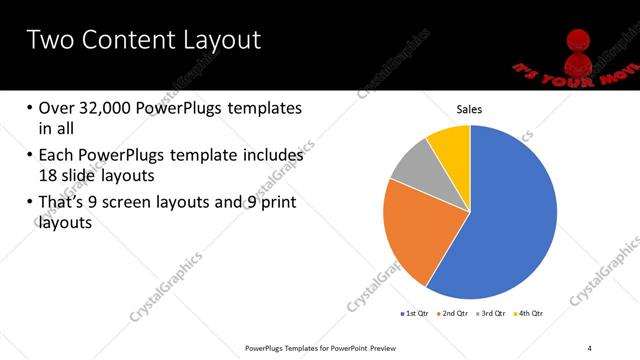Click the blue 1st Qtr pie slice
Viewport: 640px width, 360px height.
pyautogui.click(x=510, y=220)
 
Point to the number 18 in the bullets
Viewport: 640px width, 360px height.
pyautogui.click(x=48, y=175)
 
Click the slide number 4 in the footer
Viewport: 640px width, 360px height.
pyautogui.click(x=590, y=348)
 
